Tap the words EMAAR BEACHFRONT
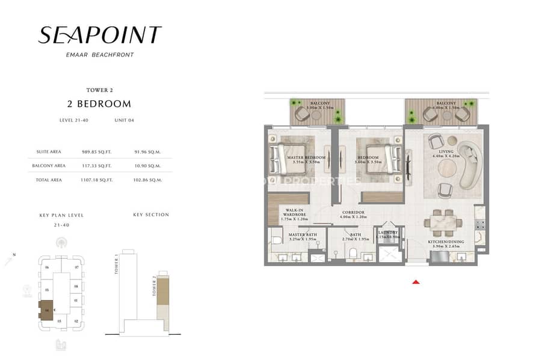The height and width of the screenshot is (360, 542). (x=100, y=55)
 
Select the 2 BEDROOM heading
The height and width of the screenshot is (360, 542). (x=99, y=103)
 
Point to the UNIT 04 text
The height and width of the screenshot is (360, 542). (x=124, y=120)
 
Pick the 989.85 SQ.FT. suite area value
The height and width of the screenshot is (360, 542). (x=97, y=151)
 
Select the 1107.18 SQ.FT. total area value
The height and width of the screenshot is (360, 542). (x=97, y=179)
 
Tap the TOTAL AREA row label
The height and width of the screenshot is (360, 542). (x=49, y=179)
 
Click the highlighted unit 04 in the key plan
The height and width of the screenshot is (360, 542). (x=46, y=310)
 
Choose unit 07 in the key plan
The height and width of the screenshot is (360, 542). (x=76, y=267)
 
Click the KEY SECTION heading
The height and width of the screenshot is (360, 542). (x=151, y=215)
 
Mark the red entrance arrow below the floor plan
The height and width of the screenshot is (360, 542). (x=415, y=281)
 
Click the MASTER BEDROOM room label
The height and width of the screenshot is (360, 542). (x=307, y=157)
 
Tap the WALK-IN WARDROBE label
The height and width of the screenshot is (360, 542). (x=294, y=215)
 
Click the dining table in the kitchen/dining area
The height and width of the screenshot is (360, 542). (x=445, y=222)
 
